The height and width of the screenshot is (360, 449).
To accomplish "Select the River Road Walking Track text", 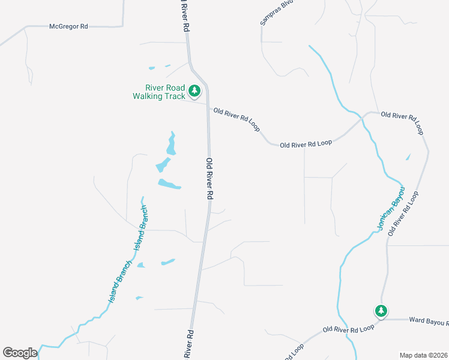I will (x=158, y=92).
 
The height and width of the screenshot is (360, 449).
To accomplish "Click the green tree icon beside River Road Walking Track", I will (x=194, y=91).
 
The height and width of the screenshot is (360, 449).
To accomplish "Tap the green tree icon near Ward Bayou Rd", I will (x=381, y=311).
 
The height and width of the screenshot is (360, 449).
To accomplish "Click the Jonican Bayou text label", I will (x=391, y=208).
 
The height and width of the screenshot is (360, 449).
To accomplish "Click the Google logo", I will (x=20, y=353).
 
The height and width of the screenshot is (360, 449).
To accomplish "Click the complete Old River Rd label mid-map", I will (x=209, y=179).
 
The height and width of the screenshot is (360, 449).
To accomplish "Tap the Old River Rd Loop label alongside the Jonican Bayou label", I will (x=402, y=213).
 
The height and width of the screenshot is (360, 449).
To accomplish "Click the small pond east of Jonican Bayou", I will (x=408, y=157).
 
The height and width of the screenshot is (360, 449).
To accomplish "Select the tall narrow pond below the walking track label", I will (x=172, y=144).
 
